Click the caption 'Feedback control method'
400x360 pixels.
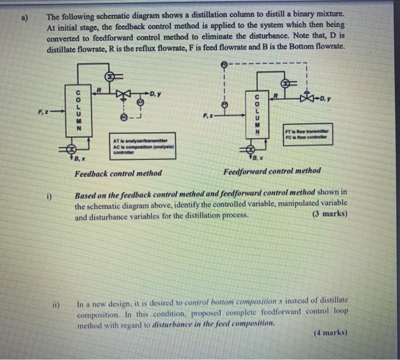[118, 173]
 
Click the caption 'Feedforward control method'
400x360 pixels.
[272, 170]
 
